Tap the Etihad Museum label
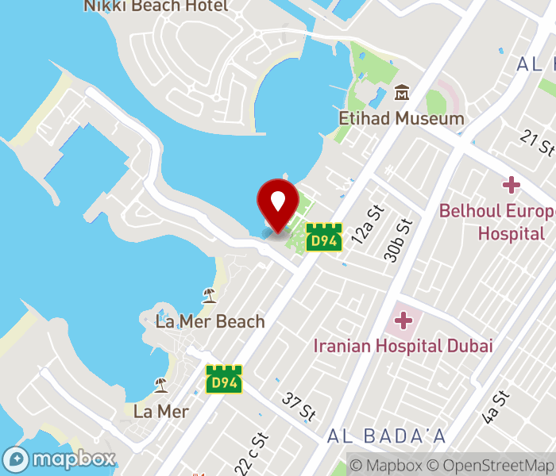pyautogui.click(x=401, y=119)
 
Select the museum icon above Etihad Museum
pyautogui.click(x=402, y=94)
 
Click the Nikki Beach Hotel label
pyautogui.click(x=156, y=6)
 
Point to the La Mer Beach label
pyautogui.click(x=210, y=321)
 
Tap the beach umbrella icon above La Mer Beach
pyautogui.click(x=209, y=296)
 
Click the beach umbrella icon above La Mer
pyautogui.click(x=161, y=386)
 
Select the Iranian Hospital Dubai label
pyautogui.click(x=403, y=346)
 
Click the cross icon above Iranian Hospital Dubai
pyautogui.click(x=403, y=321)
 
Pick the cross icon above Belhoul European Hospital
pyautogui.click(x=511, y=186)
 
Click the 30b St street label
pyautogui.click(x=401, y=239)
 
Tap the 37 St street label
pyautogui.click(x=299, y=407)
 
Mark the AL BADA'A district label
pyautogui.click(x=386, y=436)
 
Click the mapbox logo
pyautogui.click(x=60, y=459)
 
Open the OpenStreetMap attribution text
pyautogui.click(x=497, y=466)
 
